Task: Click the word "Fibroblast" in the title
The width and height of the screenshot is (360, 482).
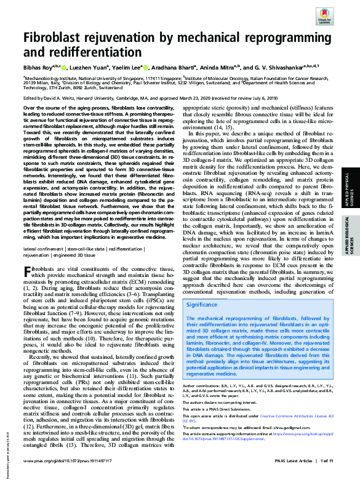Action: point(58,38)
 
